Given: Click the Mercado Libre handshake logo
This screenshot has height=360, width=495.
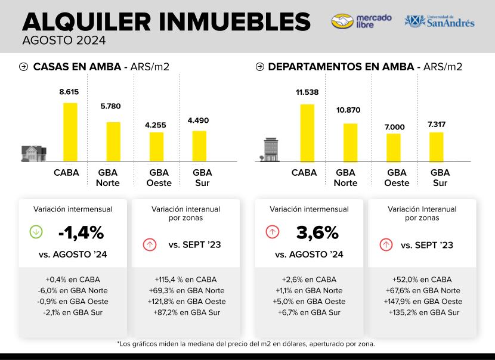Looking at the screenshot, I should [342, 21].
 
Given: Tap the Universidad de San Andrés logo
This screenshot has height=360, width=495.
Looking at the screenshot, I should [440, 21].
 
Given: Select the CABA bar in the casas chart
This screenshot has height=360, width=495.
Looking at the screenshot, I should [70, 132].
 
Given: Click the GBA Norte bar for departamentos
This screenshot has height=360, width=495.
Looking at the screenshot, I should [350, 142].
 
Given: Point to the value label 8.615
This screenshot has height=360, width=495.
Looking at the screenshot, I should [69, 92].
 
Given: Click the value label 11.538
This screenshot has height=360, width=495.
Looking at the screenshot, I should [307, 92].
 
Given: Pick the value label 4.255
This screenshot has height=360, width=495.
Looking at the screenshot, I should [156, 125].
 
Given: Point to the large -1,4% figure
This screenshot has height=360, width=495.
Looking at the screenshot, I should [81, 232].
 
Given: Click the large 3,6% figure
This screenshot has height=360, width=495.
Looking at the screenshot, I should [317, 232].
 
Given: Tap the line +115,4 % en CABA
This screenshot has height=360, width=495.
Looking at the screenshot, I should [185, 279].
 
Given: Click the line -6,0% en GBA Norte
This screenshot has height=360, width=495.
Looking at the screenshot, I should [73, 290].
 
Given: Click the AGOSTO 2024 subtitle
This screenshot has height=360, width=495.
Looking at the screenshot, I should [64, 41].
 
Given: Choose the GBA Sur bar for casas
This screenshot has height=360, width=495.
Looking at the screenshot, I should [199, 146].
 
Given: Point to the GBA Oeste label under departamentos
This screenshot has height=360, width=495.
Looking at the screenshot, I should [397, 178].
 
